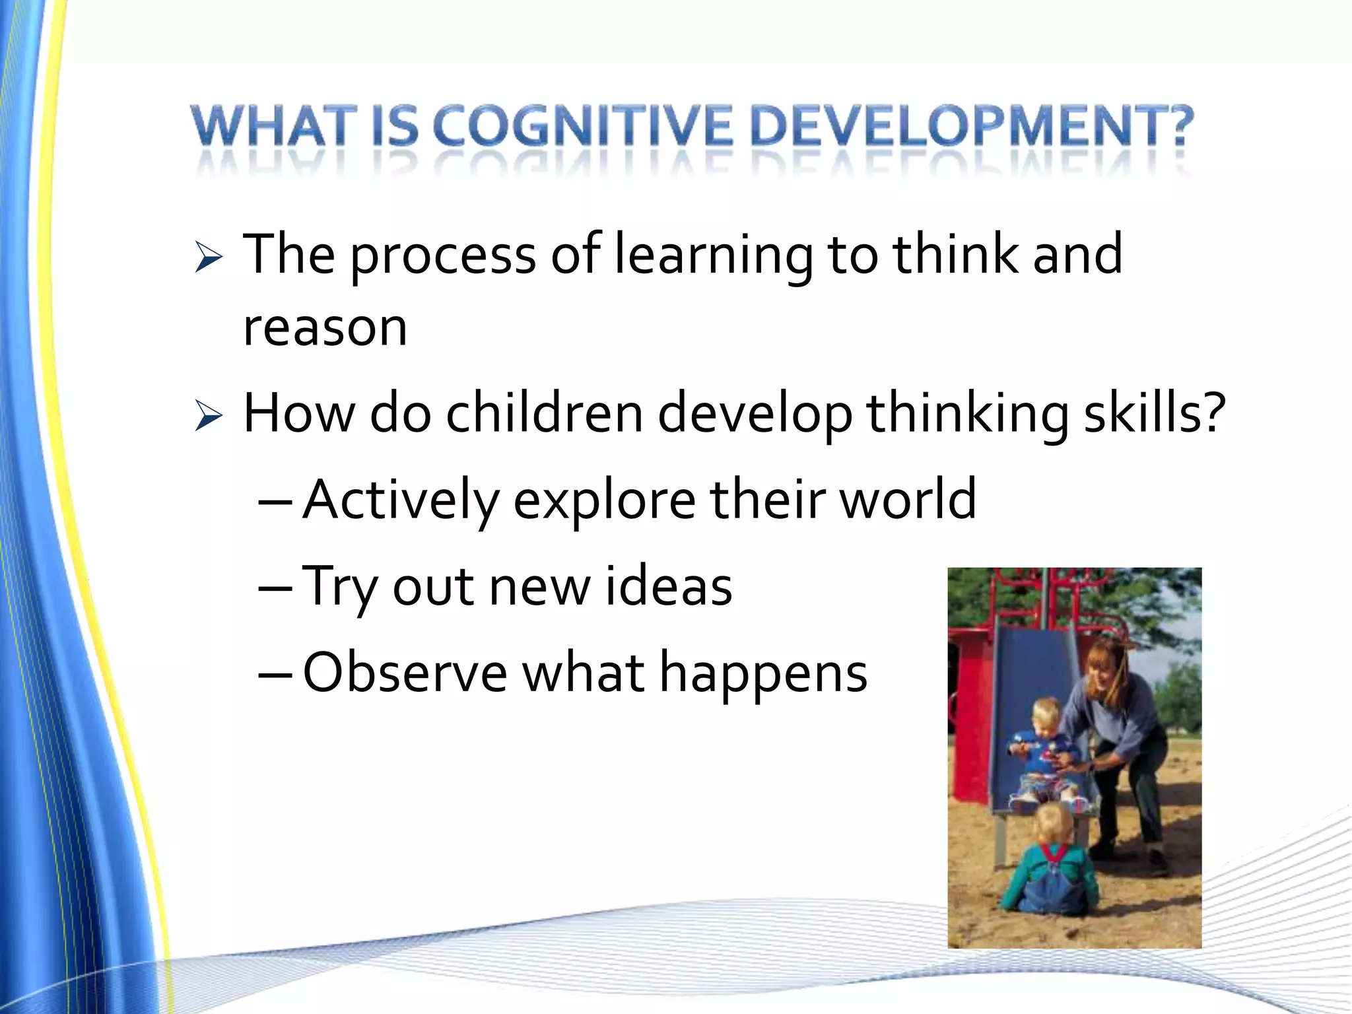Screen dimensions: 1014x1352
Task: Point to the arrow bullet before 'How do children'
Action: (x=209, y=417)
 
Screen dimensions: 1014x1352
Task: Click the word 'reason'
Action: (x=325, y=328)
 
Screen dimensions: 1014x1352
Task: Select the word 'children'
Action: (x=544, y=415)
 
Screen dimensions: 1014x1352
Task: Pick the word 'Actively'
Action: (x=400, y=500)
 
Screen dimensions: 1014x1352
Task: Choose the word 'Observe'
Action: (x=405, y=673)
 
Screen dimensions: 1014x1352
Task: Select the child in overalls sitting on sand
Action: (x=1050, y=865)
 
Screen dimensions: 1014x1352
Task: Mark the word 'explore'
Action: (x=604, y=500)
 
